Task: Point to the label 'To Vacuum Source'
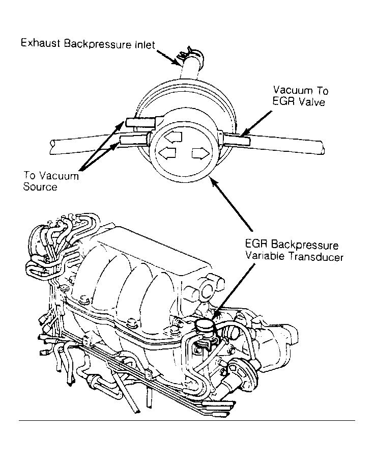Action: point(51,181)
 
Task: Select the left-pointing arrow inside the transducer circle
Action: point(167,153)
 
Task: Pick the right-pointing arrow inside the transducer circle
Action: point(199,153)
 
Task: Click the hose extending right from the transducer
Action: point(285,144)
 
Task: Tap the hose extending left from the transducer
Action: point(81,144)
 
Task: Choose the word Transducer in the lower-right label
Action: point(317,257)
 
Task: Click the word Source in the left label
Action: point(40,187)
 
